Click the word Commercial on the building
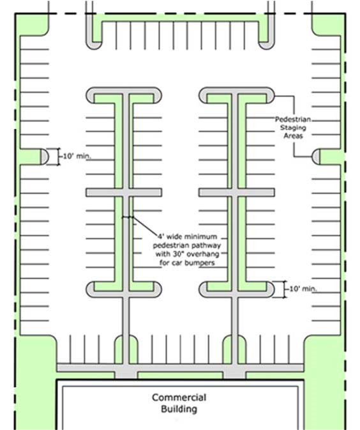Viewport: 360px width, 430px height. tap(179, 397)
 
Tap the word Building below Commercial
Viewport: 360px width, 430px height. tap(179, 409)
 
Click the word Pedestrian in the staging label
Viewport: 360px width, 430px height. tap(292, 119)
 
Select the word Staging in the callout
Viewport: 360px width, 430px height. tap(293, 128)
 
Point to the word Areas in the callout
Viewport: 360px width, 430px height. tap(293, 135)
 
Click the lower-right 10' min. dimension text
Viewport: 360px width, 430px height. tap(303, 289)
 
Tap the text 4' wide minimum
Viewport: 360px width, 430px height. tap(188, 236)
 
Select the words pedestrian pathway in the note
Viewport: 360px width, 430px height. tap(187, 245)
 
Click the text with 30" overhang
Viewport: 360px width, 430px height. tap(188, 254)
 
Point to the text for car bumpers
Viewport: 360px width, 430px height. tap(187, 263)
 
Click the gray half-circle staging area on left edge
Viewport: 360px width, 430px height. tap(45, 157)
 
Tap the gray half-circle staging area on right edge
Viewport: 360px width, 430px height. tap(315, 157)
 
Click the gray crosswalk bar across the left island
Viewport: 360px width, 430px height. tap(124, 192)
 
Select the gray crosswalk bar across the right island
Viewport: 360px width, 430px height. tap(237, 192)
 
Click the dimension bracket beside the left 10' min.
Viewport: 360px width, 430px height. tap(58, 157)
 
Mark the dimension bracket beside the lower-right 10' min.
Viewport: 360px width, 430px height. tap(285, 289)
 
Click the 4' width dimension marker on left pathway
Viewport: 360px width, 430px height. tap(128, 217)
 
